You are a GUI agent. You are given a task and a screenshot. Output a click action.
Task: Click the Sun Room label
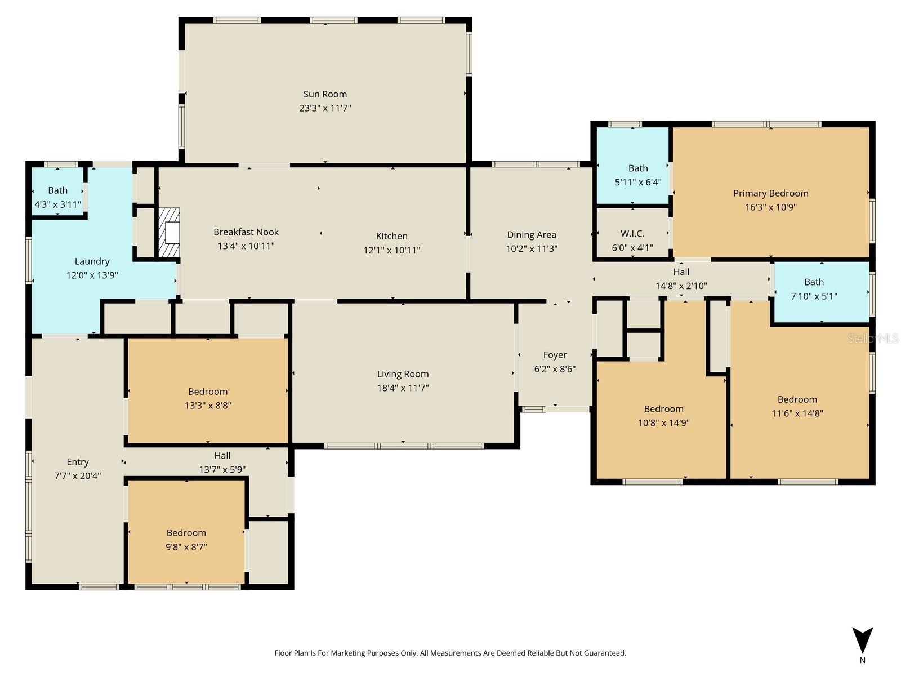pos(325,95)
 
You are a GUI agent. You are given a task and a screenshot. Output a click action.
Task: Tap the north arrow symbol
pos(862,641)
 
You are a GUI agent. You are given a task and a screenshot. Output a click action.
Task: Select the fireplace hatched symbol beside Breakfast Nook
pos(169,233)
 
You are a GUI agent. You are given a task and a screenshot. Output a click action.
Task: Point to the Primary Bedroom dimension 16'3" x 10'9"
pos(770,207)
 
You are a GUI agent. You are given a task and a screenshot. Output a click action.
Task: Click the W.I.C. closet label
pos(632,234)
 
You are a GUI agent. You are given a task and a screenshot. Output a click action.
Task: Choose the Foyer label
pos(555,355)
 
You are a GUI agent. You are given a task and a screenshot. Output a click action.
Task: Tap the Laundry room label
pos(92,261)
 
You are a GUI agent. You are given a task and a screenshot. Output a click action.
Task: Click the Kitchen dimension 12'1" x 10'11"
pos(391,250)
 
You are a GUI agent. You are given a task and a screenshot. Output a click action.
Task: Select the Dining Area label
pos(532,235)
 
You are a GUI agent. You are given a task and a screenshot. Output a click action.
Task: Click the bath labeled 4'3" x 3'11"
pos(57,190)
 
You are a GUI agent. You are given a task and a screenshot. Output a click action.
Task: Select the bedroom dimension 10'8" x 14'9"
pos(663,423)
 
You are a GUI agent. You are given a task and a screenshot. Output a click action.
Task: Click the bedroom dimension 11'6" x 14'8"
pos(797,413)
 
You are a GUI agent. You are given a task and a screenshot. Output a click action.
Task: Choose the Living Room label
pos(403,374)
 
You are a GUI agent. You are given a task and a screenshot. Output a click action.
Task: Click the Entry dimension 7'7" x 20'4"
pos(78,476)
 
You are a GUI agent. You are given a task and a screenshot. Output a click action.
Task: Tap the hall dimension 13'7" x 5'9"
pos(222,470)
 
